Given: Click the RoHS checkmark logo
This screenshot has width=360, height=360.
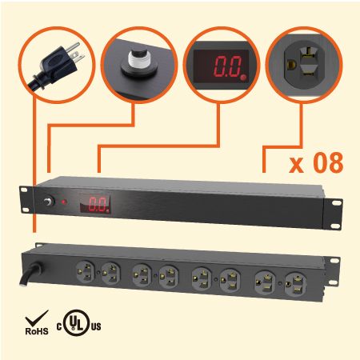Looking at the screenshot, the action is (x=37, y=322).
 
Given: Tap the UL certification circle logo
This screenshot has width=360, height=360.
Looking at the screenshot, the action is (x=78, y=322).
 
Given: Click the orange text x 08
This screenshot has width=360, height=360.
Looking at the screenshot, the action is (x=316, y=162).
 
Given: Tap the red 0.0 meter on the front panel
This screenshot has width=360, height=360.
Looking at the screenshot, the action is (x=95, y=204).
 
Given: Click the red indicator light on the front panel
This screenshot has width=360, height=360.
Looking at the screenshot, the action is (x=64, y=202).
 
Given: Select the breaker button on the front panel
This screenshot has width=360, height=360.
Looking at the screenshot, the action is (x=49, y=202).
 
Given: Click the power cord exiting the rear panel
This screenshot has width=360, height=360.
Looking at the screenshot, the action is (x=30, y=274).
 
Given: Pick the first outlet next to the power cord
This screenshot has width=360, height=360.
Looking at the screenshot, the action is (x=86, y=271).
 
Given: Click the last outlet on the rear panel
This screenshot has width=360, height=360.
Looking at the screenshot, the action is (x=296, y=284).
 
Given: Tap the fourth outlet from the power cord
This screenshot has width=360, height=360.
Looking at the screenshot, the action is (x=169, y=277).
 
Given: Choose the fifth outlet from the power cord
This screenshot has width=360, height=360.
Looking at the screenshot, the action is (x=202, y=278).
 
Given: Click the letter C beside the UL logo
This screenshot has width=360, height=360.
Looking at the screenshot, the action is (x=59, y=326).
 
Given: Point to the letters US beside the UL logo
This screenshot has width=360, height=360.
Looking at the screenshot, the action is (x=96, y=326).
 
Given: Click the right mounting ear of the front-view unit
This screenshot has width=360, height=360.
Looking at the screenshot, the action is (x=333, y=214).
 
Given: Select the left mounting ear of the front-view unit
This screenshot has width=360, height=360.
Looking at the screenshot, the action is (x=26, y=199).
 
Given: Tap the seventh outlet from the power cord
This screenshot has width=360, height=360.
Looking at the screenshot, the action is (x=266, y=282).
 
